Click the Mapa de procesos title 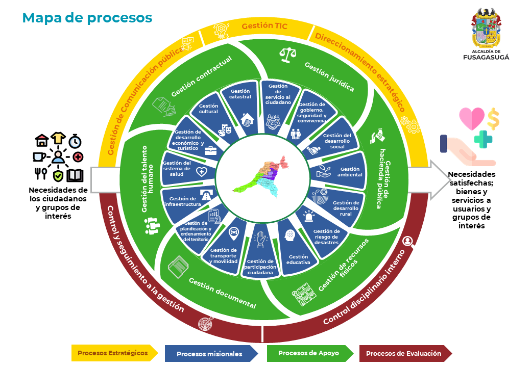pyautogui.click(x=87, y=18)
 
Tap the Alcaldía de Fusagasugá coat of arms pyautogui.click(x=486, y=30)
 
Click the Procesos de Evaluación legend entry pyautogui.click(x=404, y=353)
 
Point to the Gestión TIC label pyautogui.click(x=261, y=25)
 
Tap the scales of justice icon pyautogui.click(x=287, y=54)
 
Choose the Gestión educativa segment pyautogui.click(x=298, y=253)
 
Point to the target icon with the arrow pyautogui.click(x=206, y=323)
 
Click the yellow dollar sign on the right pyautogui.click(x=493, y=118)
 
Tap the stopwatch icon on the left pyautogui.click(x=75, y=140)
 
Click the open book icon pyautogui.click(x=75, y=175)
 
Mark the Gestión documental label pyautogui.click(x=222, y=293)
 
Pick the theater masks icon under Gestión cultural pyautogui.click(x=225, y=129)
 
